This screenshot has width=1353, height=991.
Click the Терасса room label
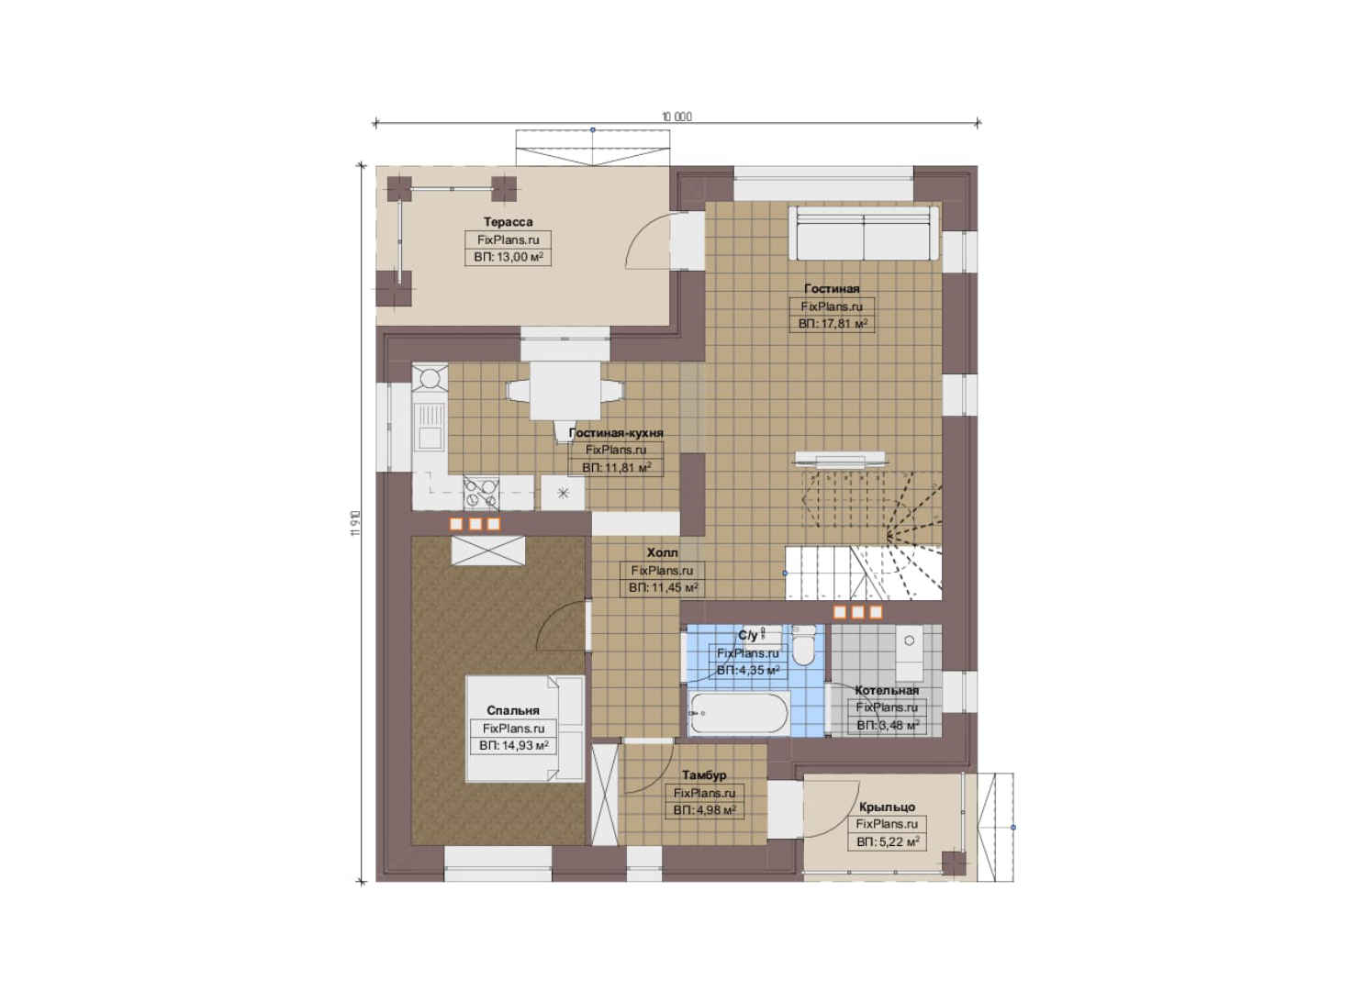point(508,222)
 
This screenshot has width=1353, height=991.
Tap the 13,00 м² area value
point(519,257)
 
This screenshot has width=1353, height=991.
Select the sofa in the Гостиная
point(864,233)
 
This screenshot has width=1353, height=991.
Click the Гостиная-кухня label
point(616,432)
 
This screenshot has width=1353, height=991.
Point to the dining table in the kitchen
point(565,390)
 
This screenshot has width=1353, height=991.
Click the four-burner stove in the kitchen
point(481,493)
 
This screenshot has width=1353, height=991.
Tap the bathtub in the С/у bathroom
point(738,713)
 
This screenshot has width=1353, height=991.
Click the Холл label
point(662,552)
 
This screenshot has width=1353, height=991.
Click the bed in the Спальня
point(524,729)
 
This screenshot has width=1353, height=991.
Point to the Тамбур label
point(704,774)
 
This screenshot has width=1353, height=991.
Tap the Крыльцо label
point(887,807)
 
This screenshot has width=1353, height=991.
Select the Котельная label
point(887,690)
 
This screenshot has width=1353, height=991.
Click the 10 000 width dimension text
point(676,117)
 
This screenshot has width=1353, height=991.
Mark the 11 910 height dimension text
point(356,523)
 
